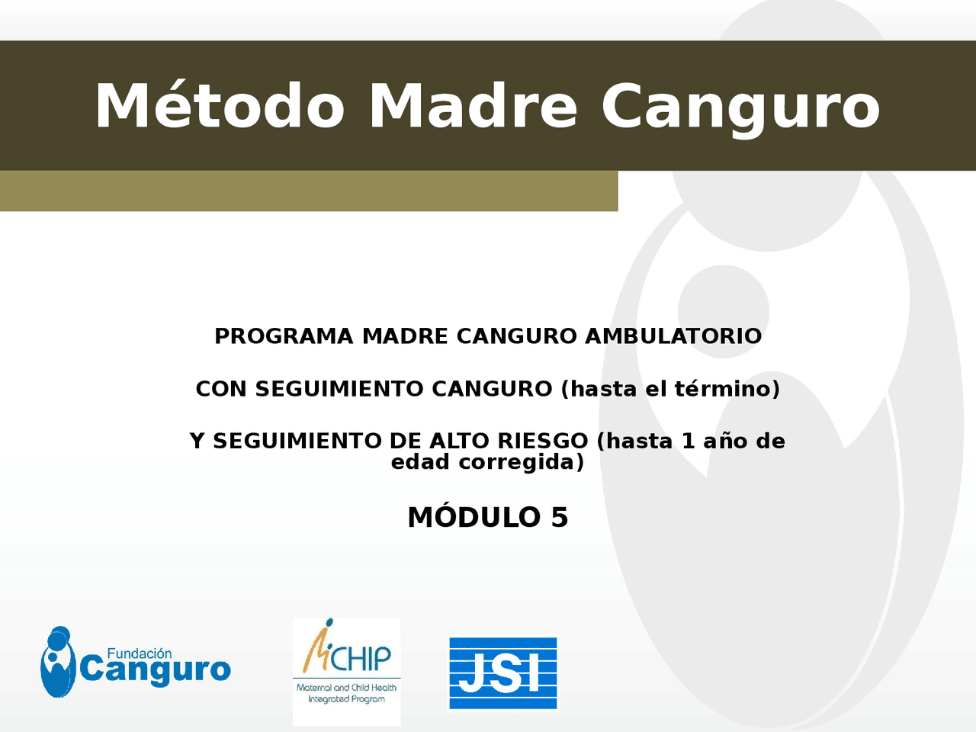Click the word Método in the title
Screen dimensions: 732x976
click(220, 106)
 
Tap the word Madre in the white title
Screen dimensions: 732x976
click(473, 106)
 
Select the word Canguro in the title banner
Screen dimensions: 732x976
click(740, 108)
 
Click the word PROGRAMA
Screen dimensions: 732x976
click(284, 336)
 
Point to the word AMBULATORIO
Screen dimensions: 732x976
click(673, 336)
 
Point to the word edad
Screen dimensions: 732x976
click(420, 462)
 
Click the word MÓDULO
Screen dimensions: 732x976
click(474, 518)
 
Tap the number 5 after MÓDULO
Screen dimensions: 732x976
click(560, 518)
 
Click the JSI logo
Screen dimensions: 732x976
click(502, 673)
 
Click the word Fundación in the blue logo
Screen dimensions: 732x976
click(139, 653)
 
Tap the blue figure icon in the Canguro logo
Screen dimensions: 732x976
click(57, 662)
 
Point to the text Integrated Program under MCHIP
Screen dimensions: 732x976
click(346, 699)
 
